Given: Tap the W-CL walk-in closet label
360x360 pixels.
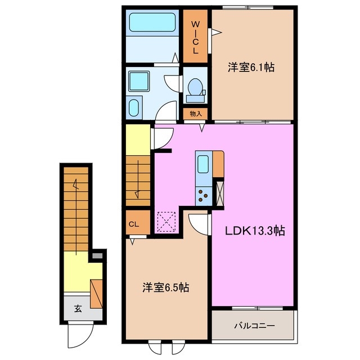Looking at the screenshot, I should click(196, 37).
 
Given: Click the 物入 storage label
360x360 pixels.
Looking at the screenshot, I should click(196, 114).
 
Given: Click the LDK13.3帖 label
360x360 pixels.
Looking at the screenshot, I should click(255, 231).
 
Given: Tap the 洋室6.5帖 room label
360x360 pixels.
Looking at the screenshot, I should click(165, 287).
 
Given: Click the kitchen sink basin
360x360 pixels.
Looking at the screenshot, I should click(203, 165).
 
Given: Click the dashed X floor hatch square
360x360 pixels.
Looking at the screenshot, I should click(167, 220).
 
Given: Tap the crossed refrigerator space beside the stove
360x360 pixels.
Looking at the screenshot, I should click(220, 193).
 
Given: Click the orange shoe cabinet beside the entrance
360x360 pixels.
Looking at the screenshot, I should click(96, 292).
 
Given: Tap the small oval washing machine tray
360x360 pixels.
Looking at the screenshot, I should click(135, 107).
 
